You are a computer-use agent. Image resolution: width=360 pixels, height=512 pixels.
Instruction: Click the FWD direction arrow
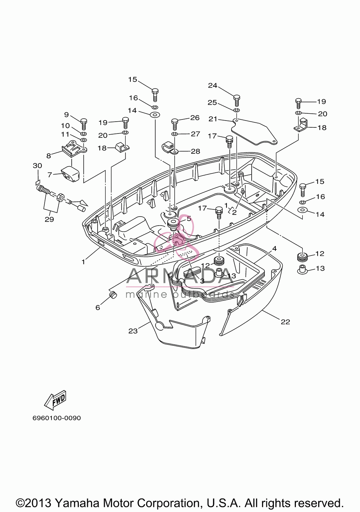55,401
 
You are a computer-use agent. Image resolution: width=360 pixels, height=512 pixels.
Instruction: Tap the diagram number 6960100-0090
57,418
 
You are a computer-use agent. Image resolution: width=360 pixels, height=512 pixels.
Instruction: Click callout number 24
212,86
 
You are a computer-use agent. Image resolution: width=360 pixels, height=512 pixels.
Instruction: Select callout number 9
66,114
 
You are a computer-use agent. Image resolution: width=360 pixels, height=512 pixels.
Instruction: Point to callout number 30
37,166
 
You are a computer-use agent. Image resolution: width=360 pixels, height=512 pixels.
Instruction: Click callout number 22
285,322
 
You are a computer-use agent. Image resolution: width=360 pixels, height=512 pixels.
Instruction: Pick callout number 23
133,331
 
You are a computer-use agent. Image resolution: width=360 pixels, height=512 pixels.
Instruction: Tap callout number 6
98,308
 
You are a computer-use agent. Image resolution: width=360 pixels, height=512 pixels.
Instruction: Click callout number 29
49,219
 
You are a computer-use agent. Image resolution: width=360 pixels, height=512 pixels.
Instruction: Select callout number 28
195,151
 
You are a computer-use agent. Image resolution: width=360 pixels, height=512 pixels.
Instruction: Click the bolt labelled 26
175,124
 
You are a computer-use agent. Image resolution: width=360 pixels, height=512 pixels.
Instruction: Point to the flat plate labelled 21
254,132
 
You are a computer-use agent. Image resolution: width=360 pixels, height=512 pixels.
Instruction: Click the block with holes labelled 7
70,174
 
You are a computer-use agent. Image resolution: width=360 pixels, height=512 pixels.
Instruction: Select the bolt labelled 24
237,100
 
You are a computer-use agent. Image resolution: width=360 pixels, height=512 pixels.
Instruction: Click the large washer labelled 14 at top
155,114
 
